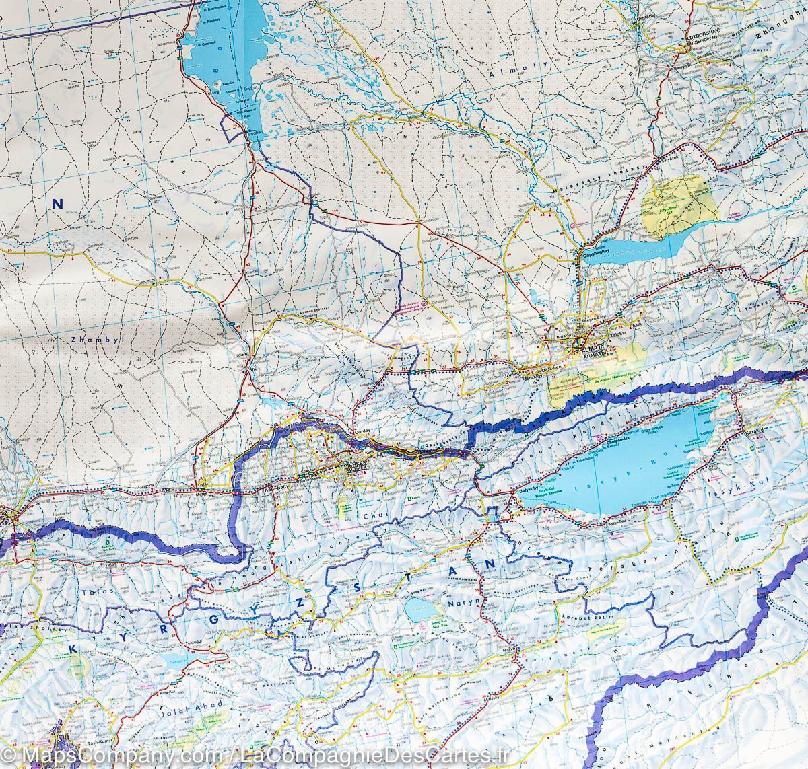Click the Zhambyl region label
click(94, 340)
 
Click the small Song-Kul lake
click(419, 610)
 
